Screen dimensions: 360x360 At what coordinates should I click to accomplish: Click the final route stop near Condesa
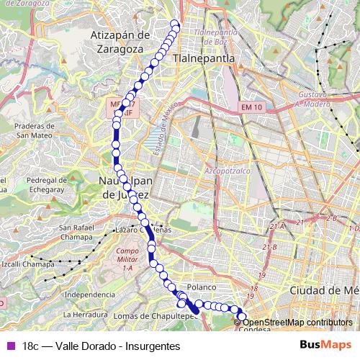[242, 317]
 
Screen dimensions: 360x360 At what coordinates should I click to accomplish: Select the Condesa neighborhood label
[253, 328]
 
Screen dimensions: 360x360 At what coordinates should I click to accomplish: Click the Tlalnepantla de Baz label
[216, 37]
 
